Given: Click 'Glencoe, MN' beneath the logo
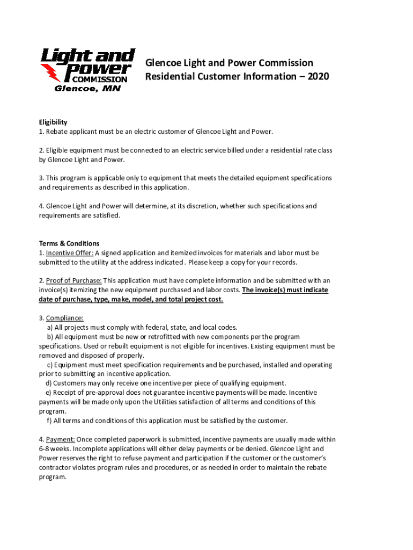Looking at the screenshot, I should click(88, 89).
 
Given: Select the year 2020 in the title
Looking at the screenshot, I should click(318, 76).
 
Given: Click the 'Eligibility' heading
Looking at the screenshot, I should click(53, 122).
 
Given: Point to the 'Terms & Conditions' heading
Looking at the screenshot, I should click(69, 243).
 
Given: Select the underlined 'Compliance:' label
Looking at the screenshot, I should click(65, 318).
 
